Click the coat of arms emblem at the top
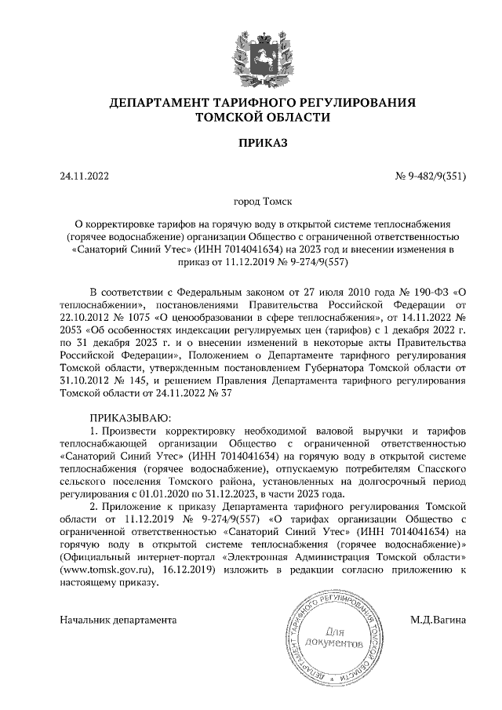251,49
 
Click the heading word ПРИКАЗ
251,143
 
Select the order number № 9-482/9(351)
430,177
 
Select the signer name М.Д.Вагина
438,620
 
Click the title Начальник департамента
118,620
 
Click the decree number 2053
72,330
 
